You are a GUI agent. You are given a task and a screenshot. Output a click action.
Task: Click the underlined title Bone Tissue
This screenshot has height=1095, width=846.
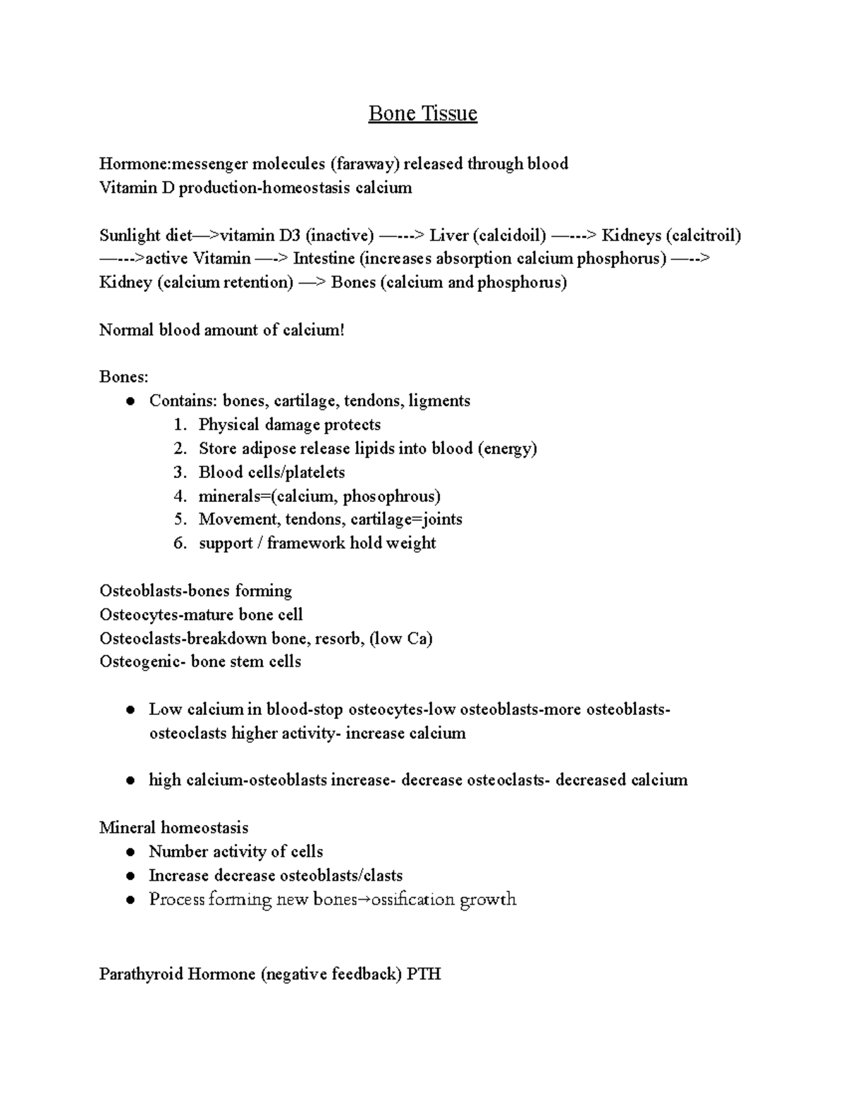click(422, 114)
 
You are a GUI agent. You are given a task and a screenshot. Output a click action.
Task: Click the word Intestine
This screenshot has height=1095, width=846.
click(324, 259)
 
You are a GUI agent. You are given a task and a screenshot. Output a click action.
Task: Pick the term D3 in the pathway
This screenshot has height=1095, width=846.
click(289, 235)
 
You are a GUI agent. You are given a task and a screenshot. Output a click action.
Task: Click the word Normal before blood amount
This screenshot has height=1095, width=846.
click(126, 330)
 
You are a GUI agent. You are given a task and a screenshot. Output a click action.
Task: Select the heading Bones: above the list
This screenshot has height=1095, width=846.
click(123, 377)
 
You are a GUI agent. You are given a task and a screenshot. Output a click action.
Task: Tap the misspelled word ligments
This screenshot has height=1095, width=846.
click(439, 401)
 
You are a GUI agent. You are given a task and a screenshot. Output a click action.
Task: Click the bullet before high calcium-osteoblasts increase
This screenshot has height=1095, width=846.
click(130, 781)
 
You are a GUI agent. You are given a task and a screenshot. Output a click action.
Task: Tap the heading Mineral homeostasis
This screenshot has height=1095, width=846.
click(173, 828)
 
